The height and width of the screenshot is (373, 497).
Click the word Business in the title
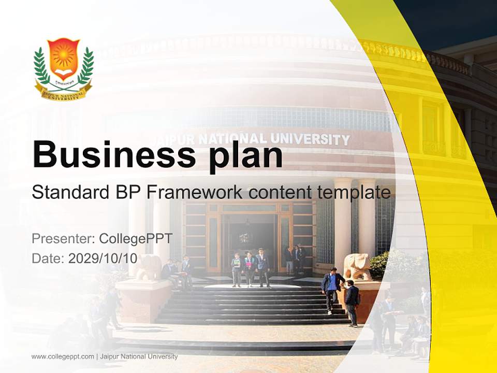[110, 154]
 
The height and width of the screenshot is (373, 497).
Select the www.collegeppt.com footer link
[63, 356]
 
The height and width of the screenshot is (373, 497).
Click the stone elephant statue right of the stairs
[357, 266]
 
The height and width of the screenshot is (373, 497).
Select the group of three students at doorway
[250, 268]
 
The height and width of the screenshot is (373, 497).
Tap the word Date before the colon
[46, 259]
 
